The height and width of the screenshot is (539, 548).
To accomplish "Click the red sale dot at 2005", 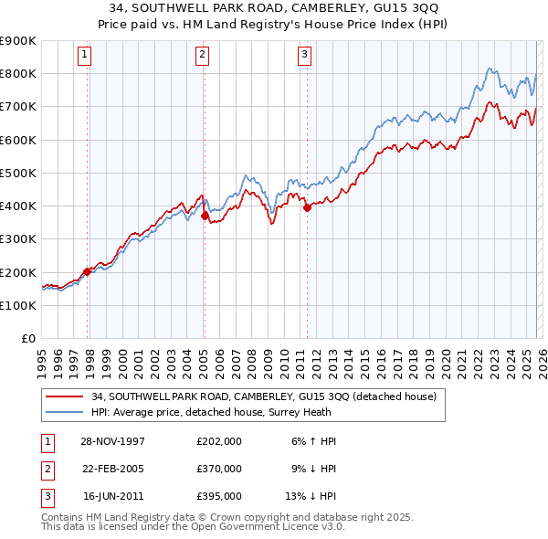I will (x=205, y=216).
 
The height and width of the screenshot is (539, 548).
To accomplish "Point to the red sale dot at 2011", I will (x=307, y=207).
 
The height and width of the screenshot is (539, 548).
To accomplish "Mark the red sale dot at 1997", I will (x=88, y=271).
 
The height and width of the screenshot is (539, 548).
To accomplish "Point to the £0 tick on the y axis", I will (x=29, y=338).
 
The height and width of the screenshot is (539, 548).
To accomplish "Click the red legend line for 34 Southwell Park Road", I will (x=64, y=396).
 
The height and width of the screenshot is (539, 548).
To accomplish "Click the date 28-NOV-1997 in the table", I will (x=113, y=441).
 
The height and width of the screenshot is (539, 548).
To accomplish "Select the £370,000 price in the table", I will (x=219, y=469).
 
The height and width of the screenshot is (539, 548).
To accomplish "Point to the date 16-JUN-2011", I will (x=113, y=496).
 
